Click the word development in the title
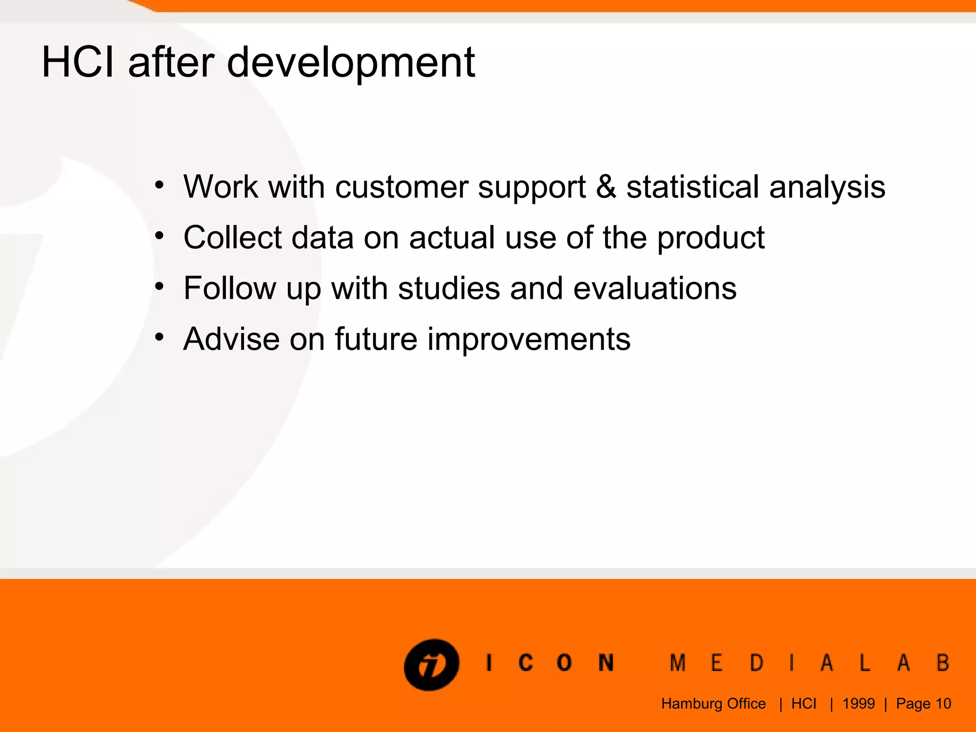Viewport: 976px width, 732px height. pos(350,63)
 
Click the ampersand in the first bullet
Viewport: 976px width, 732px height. pos(606,186)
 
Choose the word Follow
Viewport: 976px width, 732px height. pos(229,288)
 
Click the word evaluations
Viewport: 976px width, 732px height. pos(655,288)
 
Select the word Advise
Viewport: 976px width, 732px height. pos(231,339)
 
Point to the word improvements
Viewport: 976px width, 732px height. pos(529,340)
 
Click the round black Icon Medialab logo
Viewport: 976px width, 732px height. pos(431,664)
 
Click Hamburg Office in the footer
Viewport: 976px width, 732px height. pos(713,704)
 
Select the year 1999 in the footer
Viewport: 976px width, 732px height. pos(858,704)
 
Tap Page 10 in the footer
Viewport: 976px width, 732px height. pos(923,704)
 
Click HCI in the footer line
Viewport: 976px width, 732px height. pos(803,704)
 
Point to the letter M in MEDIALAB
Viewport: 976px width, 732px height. pos(677,663)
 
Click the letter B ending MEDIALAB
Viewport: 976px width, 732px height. pos(943,663)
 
